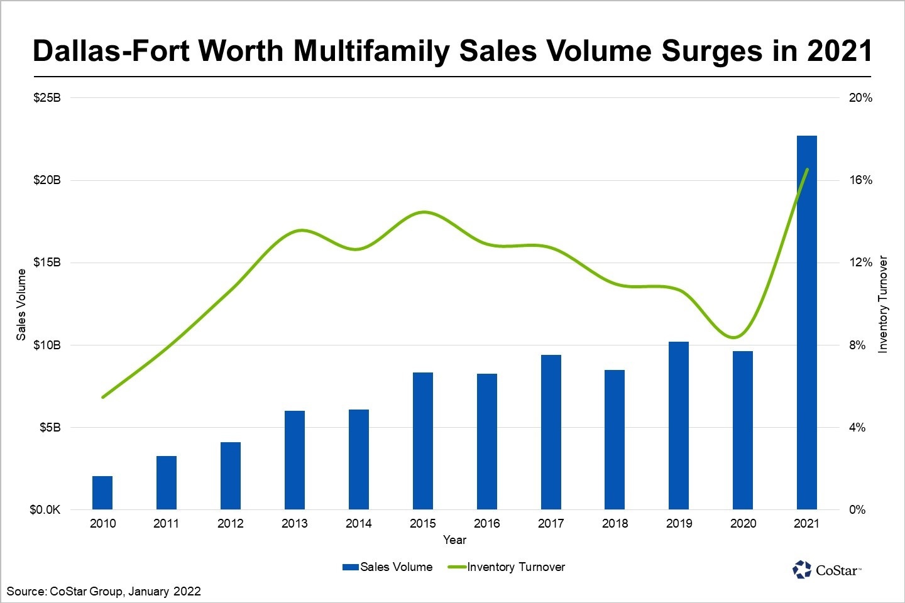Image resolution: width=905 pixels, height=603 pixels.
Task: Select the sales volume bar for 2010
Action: tap(102, 493)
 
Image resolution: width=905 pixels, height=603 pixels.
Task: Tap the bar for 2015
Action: tap(423, 441)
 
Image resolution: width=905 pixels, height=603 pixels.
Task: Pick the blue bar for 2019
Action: tap(679, 425)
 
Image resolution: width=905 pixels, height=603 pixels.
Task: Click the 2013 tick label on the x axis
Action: tap(295, 523)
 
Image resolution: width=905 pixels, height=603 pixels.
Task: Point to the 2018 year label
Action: tap(615, 523)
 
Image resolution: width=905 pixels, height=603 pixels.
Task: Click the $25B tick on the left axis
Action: tap(47, 98)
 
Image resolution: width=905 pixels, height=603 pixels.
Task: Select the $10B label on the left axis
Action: tap(47, 345)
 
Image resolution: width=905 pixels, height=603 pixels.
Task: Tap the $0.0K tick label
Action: tap(45, 509)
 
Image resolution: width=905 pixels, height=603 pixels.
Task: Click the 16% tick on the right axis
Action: tap(861, 180)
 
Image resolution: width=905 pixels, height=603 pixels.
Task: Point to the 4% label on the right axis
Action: tap(857, 428)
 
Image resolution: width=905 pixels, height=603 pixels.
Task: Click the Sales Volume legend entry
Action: tap(388, 567)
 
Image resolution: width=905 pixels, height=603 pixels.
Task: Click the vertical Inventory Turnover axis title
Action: tap(883, 304)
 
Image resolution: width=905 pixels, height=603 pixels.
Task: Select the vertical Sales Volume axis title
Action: tap(21, 305)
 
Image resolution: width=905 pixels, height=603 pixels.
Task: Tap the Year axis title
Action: tap(454, 540)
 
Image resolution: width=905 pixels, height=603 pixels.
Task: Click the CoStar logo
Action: tap(826, 570)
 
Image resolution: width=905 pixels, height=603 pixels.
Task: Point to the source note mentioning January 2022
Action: tap(104, 591)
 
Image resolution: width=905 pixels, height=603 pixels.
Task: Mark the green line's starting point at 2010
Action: tap(102, 397)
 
